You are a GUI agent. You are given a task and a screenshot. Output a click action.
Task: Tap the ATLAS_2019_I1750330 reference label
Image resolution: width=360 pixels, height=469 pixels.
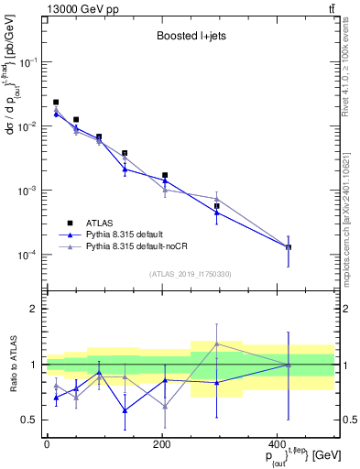click(191, 273)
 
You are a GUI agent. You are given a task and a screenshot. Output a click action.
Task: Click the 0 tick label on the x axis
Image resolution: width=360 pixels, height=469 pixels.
click(46, 444)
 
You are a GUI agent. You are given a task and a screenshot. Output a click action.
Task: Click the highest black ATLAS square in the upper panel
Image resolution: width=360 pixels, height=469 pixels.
click(56, 103)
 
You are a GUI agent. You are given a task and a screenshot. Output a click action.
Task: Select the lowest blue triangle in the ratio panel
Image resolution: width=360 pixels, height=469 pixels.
click(125, 410)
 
